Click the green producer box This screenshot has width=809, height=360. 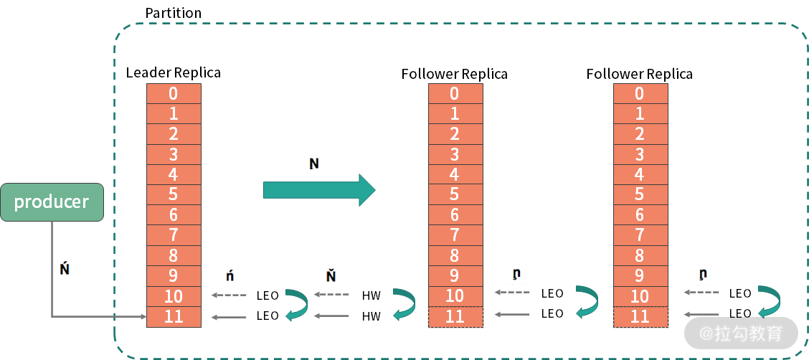[52, 202]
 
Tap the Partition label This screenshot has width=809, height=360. [173, 13]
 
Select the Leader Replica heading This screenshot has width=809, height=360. [173, 72]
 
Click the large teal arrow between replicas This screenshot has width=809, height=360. [319, 189]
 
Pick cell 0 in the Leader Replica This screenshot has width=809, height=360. [174, 93]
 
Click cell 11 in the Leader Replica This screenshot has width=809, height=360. [174, 316]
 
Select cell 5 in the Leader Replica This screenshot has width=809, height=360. [174, 194]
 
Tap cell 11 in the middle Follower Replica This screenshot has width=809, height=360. [455, 316]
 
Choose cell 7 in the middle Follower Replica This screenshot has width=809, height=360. [455, 235]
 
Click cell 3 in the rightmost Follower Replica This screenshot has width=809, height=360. [640, 154]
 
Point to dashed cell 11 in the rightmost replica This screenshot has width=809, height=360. [640, 316]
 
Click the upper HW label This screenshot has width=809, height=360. [371, 295]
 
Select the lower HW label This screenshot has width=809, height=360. [371, 316]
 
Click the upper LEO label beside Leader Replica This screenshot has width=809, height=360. [268, 295]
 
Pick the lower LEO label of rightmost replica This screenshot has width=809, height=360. [740, 313]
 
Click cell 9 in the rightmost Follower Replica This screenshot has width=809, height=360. [640, 275]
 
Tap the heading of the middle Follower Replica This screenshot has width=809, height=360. [454, 74]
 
